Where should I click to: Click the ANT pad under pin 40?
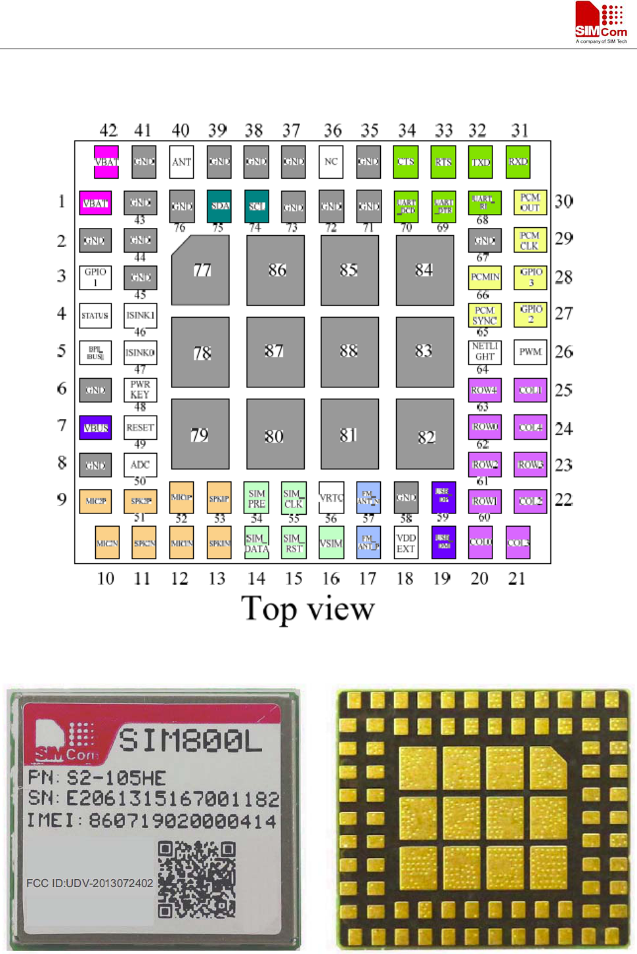click(181, 162)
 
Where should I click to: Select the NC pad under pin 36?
click(331, 162)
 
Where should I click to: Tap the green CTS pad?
click(406, 162)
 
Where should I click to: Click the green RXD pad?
click(518, 162)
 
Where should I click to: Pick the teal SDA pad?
click(219, 206)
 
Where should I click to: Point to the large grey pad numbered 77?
click(200, 270)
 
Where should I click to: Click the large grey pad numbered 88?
click(349, 351)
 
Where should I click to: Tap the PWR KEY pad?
click(140, 390)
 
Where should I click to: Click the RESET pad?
click(140, 427)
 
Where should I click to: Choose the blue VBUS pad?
click(95, 428)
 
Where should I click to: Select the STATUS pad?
click(95, 316)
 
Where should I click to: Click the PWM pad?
click(530, 352)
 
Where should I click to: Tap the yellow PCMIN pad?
click(485, 278)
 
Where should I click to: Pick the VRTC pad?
click(331, 498)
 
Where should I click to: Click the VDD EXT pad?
click(406, 544)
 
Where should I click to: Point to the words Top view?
click(307, 609)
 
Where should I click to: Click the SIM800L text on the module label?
click(190, 741)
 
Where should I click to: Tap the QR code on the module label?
click(196, 879)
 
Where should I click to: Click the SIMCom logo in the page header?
click(601, 22)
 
